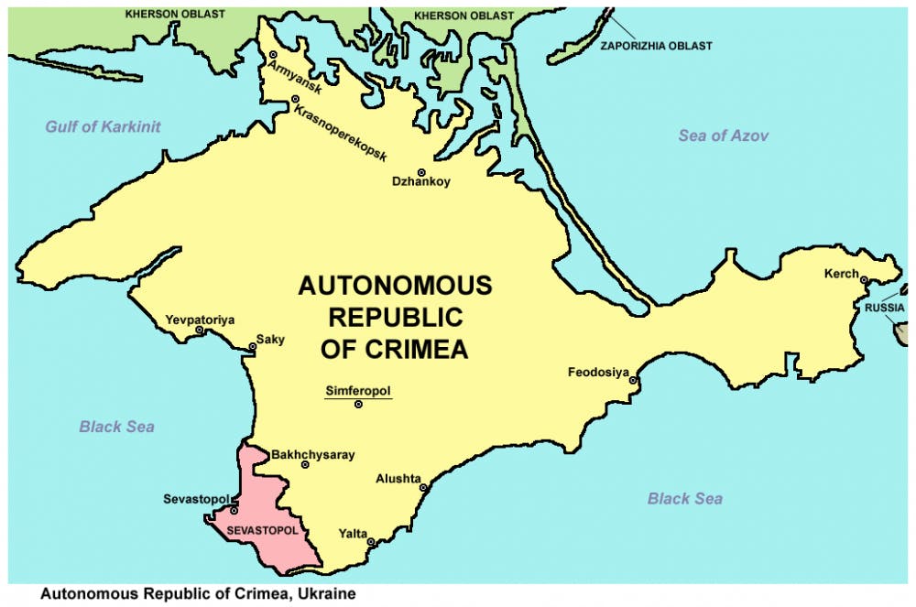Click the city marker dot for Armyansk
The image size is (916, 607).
(x=273, y=55)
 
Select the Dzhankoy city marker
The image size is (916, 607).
(x=421, y=172)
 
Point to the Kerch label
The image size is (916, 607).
(x=841, y=274)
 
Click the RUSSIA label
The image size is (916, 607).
(x=885, y=309)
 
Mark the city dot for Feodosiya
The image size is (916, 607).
(x=633, y=379)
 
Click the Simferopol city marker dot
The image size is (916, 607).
(x=359, y=405)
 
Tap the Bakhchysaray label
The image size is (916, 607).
(x=312, y=454)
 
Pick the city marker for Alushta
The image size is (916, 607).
(x=423, y=488)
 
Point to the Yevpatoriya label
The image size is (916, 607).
(x=200, y=320)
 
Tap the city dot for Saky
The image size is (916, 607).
(x=253, y=346)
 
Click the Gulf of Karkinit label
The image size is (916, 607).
(x=103, y=126)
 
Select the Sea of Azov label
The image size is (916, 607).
(x=723, y=135)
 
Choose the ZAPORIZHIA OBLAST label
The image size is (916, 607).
(x=656, y=46)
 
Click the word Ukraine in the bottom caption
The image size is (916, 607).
(x=325, y=594)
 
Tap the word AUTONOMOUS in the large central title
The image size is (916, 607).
(x=395, y=285)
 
